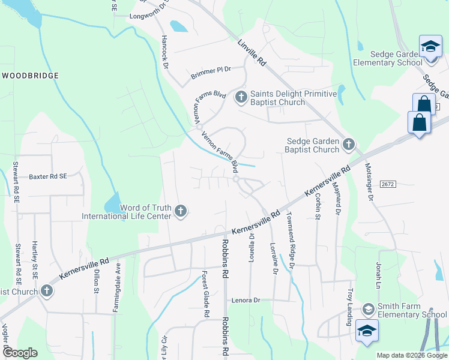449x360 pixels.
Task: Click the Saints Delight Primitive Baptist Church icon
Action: click(x=241, y=97)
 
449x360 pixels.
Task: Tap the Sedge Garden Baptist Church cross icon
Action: click(x=348, y=144)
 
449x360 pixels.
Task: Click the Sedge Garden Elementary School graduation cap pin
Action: click(x=430, y=47)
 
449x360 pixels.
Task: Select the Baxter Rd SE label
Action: click(x=48, y=177)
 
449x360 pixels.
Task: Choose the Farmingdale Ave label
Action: click(x=116, y=287)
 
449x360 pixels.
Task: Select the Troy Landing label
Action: click(x=349, y=307)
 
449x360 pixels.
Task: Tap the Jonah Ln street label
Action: click(x=379, y=275)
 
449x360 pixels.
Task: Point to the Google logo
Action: click(x=20, y=353)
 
